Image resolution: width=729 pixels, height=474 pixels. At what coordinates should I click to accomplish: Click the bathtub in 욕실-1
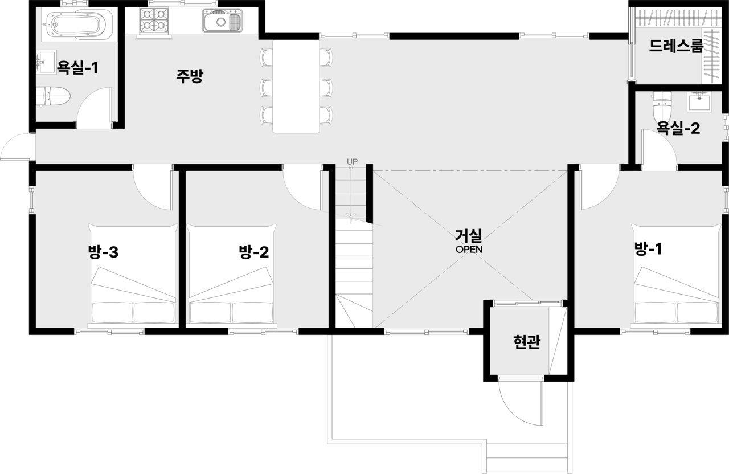click(x=80, y=24)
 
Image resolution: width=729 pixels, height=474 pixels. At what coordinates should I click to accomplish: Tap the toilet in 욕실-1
click(x=53, y=96)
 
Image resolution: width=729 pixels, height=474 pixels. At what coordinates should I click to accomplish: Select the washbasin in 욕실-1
click(x=47, y=62)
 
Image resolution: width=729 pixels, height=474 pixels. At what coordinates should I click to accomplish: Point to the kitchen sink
click(x=223, y=21)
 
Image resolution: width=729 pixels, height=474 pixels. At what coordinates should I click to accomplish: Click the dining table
click(x=296, y=86)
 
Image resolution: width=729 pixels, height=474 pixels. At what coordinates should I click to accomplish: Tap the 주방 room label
click(x=190, y=76)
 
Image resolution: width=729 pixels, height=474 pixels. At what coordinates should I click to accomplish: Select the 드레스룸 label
click(x=676, y=46)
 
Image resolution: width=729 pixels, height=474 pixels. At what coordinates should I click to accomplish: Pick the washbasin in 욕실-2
click(x=699, y=101)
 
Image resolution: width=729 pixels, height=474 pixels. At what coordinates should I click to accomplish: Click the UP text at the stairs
click(x=352, y=161)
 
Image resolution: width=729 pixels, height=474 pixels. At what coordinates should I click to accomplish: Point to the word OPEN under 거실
click(x=469, y=250)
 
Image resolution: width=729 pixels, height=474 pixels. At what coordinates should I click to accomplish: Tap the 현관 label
click(x=527, y=342)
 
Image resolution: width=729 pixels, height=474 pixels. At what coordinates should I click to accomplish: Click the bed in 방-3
click(x=133, y=276)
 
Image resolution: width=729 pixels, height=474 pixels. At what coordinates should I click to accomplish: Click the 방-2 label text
click(x=254, y=252)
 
